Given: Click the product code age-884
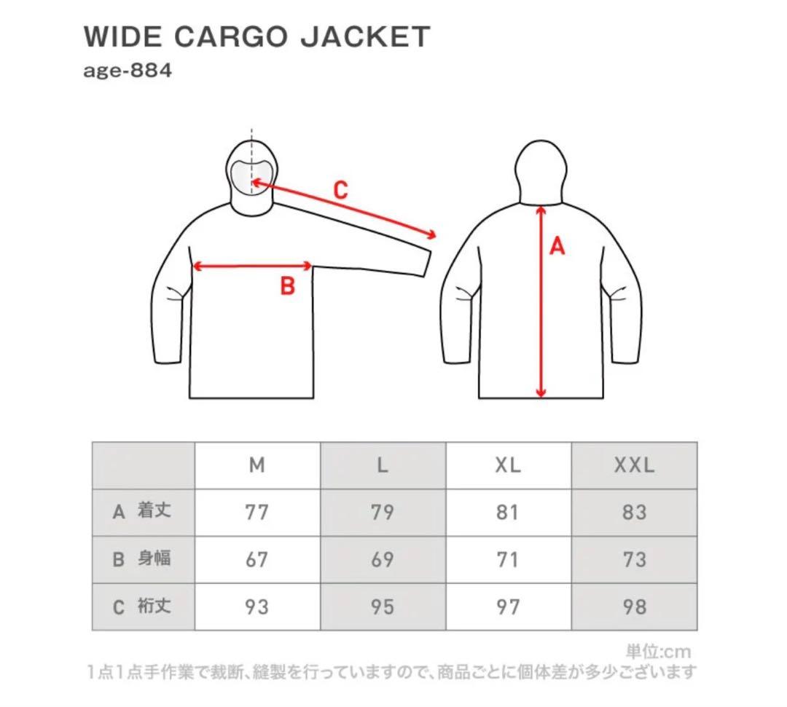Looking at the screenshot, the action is (128, 70).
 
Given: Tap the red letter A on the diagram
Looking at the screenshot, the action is (557, 246).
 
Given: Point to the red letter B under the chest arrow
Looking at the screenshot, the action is (288, 286).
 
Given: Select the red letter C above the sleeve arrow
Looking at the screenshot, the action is (340, 190).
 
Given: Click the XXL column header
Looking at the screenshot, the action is (635, 465).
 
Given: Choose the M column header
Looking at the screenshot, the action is (257, 465).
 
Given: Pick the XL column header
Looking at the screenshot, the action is (508, 465).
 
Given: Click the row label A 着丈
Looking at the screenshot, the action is (142, 511).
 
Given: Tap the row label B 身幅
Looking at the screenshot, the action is (142, 558).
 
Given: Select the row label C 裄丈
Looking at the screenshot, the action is (142, 607).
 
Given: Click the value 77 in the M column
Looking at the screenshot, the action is (257, 512).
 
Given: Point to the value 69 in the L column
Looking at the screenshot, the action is (383, 559).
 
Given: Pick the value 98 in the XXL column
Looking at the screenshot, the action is (635, 607).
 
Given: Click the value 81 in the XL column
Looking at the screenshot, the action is (508, 512).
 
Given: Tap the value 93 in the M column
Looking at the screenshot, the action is (257, 607).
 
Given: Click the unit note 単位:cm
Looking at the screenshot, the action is (658, 652).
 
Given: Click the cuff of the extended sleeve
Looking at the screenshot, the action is (427, 262).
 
